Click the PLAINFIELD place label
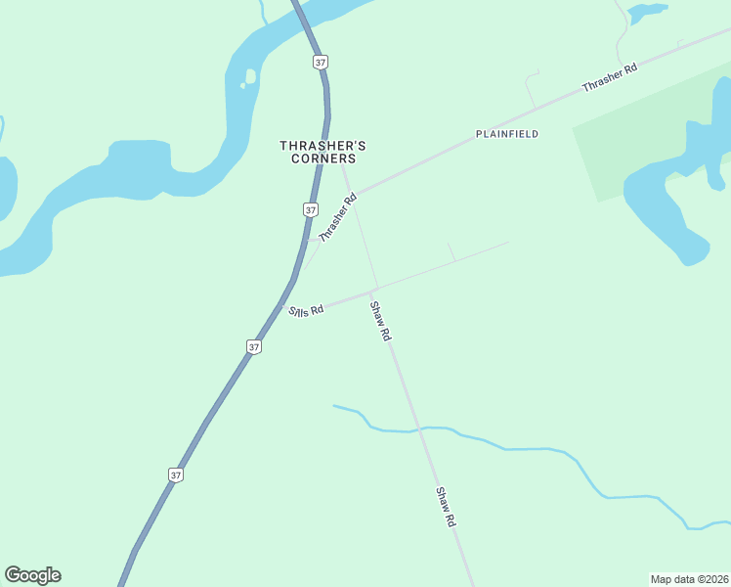click(507, 133)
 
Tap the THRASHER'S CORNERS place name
click(322, 152)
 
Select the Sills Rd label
click(306, 311)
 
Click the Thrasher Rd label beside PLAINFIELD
click(609, 78)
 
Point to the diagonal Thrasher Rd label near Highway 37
click(338, 217)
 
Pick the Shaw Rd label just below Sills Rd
click(380, 320)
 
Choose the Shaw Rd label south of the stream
click(446, 507)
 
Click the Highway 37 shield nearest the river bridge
click(320, 62)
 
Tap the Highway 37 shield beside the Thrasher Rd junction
click(310, 209)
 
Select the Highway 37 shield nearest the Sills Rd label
click(254, 346)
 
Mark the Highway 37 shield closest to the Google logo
click(176, 474)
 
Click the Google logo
click(32, 575)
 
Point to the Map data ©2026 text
click(688, 578)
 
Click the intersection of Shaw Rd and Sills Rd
click(371, 291)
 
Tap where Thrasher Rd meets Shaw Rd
click(351, 193)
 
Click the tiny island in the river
click(250, 76)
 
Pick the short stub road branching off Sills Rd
click(451, 251)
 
